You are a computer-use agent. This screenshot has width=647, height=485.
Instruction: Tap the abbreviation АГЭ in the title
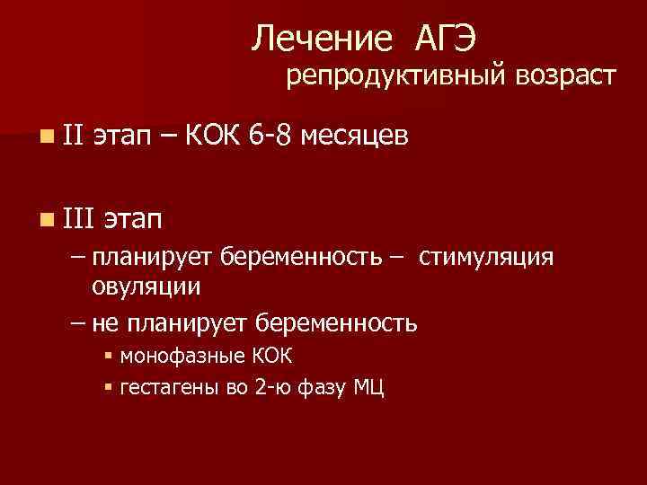(x=447, y=39)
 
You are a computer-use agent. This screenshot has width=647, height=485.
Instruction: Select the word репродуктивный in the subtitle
(x=397, y=77)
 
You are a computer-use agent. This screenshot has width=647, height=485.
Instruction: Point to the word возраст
(x=565, y=77)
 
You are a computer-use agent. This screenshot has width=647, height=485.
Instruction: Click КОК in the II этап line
(x=212, y=136)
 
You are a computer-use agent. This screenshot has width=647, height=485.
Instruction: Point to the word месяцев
(x=356, y=137)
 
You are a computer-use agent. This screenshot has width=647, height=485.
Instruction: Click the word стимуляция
(x=488, y=259)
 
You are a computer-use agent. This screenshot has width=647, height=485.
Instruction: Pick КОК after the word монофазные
(x=270, y=357)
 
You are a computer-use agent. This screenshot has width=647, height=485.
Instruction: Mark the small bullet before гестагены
(x=108, y=387)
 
